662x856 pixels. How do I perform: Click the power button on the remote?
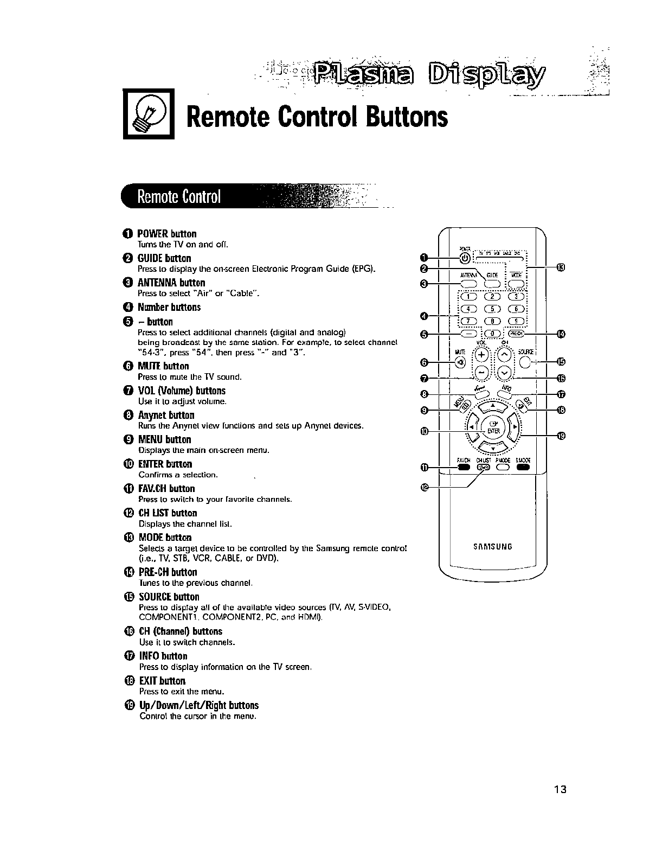(465, 258)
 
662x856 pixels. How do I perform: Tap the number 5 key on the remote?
(493, 309)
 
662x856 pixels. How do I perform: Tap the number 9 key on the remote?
(518, 321)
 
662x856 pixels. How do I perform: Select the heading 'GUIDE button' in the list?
(164, 258)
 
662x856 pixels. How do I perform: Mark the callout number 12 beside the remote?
(425, 488)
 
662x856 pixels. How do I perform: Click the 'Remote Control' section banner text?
(179, 196)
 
